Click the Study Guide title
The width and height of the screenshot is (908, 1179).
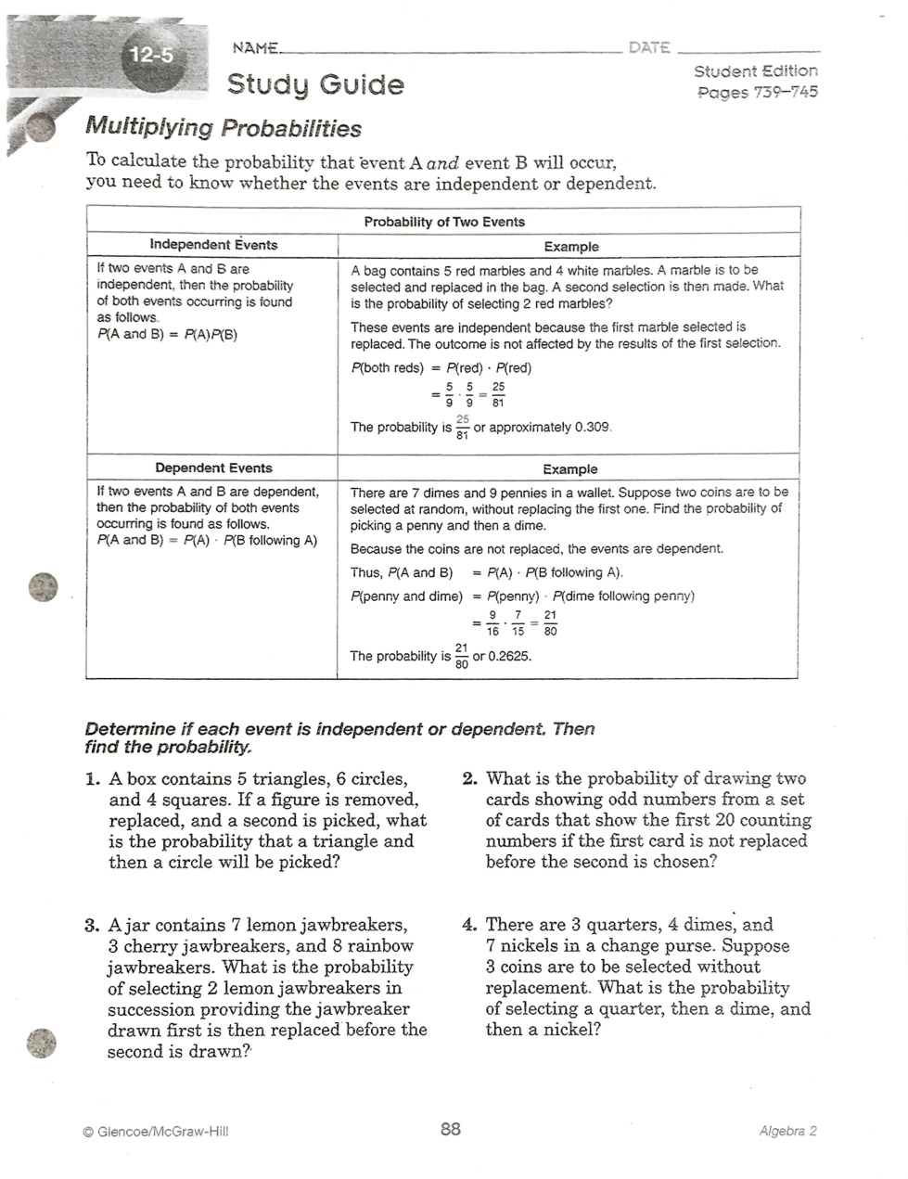315,85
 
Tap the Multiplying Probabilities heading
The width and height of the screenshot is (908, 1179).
224,128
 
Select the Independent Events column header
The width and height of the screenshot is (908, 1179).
213,245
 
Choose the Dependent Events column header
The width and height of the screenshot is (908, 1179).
213,468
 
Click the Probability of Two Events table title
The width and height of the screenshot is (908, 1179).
444,222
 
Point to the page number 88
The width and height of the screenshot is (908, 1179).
451,1129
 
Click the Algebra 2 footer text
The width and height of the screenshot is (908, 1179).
787,1131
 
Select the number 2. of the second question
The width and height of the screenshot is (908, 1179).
470,779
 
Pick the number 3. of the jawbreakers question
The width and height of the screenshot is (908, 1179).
93,926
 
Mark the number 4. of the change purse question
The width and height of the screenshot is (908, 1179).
470,925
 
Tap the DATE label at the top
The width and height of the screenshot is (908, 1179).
648,47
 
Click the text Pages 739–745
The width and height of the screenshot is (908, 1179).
758,92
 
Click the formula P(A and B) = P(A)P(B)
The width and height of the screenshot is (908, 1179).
167,334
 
